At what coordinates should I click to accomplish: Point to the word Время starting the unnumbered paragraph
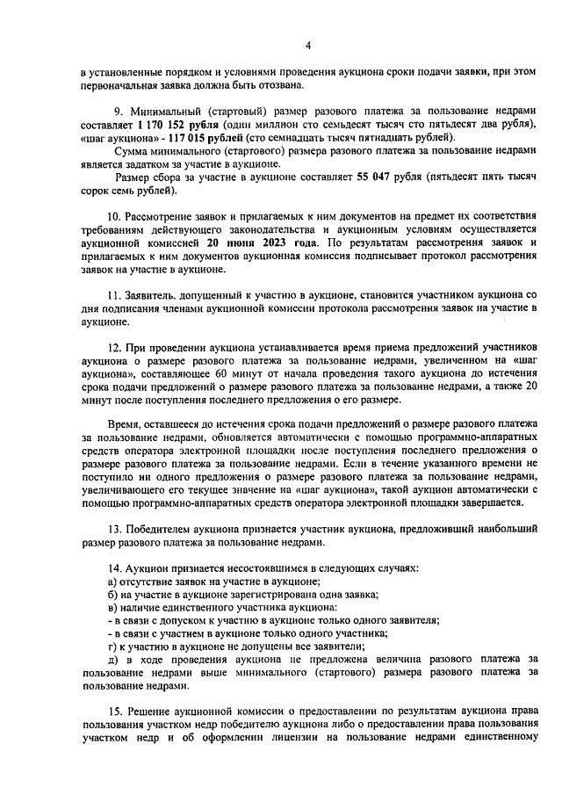tap(126, 423)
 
